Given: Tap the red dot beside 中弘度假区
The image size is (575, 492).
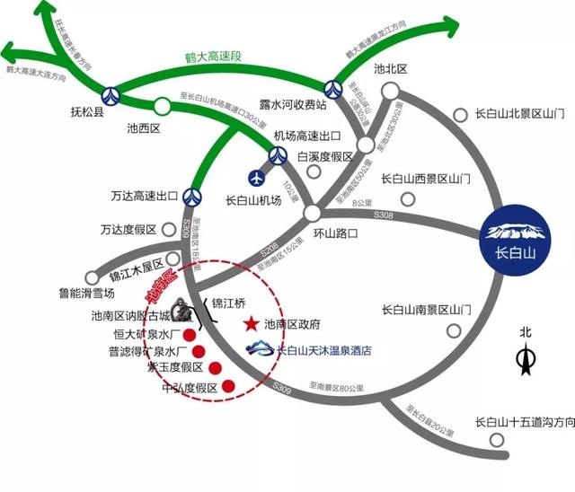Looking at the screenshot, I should pyautogui.click(x=228, y=386).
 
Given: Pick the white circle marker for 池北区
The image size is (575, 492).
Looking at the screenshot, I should pyautogui.click(x=390, y=90).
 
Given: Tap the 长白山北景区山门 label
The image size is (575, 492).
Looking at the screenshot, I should pyautogui.click(x=518, y=114).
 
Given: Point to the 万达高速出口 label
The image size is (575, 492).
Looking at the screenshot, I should pyautogui.click(x=133, y=195).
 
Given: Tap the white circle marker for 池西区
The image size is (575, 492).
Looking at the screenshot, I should pyautogui.click(x=163, y=104).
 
